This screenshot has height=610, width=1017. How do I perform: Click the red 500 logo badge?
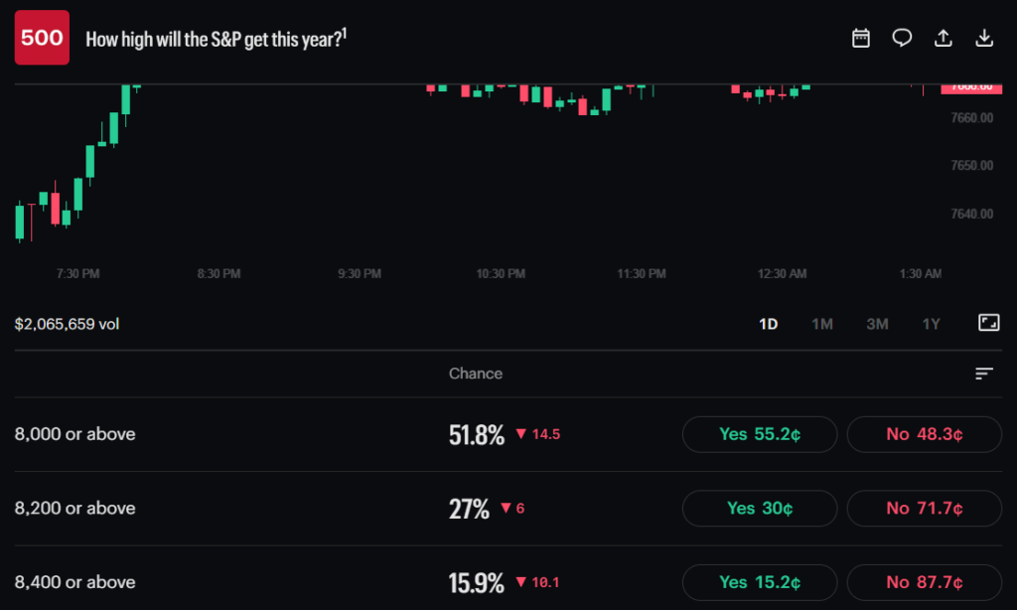[x=42, y=38]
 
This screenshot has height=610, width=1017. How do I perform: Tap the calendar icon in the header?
[x=861, y=39]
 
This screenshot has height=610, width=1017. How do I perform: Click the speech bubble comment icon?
[x=902, y=39]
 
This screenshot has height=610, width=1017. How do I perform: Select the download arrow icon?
[x=984, y=39]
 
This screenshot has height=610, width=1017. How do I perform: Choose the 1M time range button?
[x=821, y=324]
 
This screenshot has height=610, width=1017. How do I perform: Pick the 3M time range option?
[x=877, y=324]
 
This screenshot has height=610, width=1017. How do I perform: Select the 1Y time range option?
[x=931, y=324]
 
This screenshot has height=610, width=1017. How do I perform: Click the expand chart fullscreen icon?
[x=988, y=323]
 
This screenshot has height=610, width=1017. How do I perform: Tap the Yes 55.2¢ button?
[x=760, y=434]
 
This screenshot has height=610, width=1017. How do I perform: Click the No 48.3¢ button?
[x=925, y=434]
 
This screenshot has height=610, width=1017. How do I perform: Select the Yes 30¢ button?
[x=760, y=508]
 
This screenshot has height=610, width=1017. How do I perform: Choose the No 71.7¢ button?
[x=925, y=508]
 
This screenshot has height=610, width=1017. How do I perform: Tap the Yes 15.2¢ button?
[x=760, y=582]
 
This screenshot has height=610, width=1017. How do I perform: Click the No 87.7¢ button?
[x=925, y=582]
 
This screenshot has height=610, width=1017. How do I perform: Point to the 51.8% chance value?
[x=476, y=435]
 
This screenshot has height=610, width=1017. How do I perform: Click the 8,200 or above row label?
[x=74, y=508]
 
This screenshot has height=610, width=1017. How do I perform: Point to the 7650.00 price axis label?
[x=971, y=166]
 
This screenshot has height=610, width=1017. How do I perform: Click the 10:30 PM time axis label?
[x=501, y=274]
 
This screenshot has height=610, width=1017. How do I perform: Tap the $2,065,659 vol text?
[x=67, y=324]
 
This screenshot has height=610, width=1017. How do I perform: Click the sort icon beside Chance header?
[x=984, y=374]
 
